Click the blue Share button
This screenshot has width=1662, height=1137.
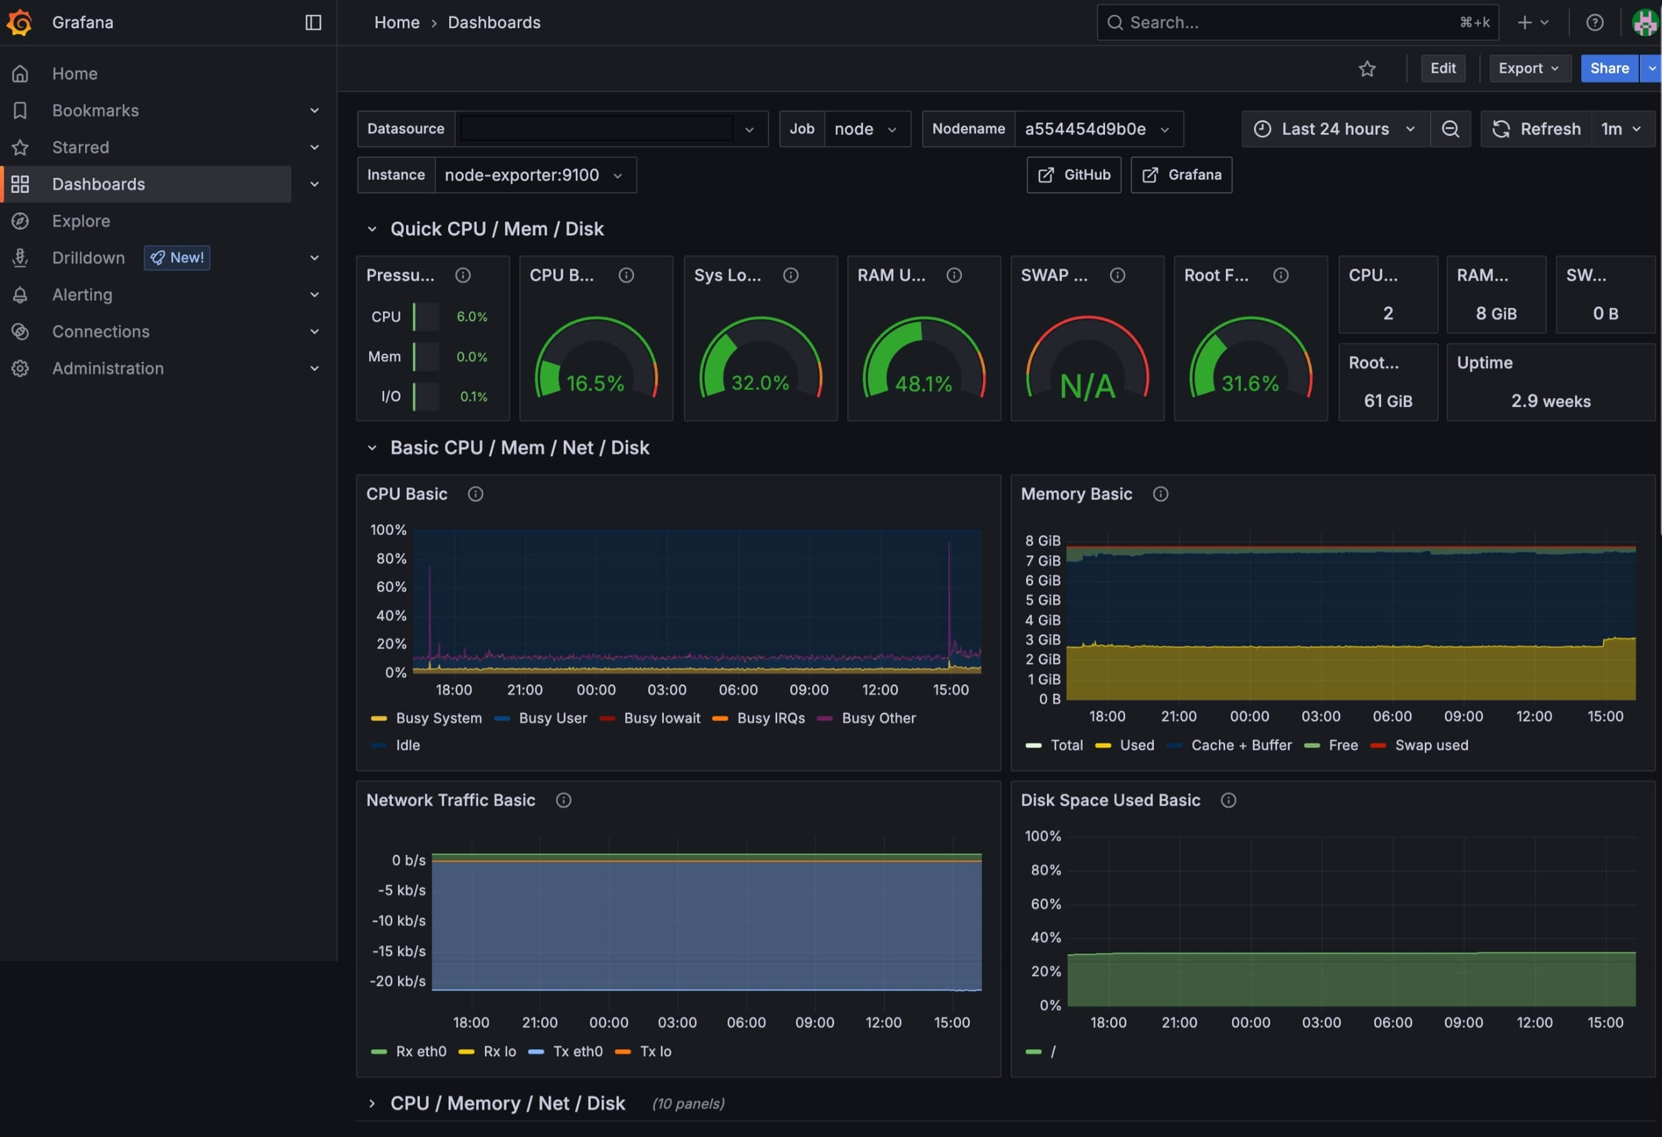point(1608,69)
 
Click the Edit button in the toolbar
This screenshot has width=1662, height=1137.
point(1442,69)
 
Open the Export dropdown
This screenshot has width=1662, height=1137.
point(1529,69)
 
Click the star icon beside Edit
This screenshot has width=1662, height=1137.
point(1367,69)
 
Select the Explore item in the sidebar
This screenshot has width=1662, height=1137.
point(81,221)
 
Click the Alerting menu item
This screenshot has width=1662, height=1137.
point(82,295)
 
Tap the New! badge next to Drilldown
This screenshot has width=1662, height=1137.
point(177,257)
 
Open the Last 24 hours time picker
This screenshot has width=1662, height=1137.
point(1335,129)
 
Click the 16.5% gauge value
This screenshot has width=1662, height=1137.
point(595,384)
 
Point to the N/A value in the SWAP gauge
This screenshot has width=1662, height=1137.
point(1087,386)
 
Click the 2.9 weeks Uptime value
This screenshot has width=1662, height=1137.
point(1551,401)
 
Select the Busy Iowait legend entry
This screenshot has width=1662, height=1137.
point(661,718)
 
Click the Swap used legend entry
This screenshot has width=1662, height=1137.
point(1431,746)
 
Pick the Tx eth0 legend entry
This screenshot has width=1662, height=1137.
point(577,1052)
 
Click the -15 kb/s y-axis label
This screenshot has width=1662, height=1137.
point(399,952)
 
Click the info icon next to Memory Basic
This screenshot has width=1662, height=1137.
point(1160,495)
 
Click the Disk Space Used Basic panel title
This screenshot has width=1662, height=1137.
point(1110,801)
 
